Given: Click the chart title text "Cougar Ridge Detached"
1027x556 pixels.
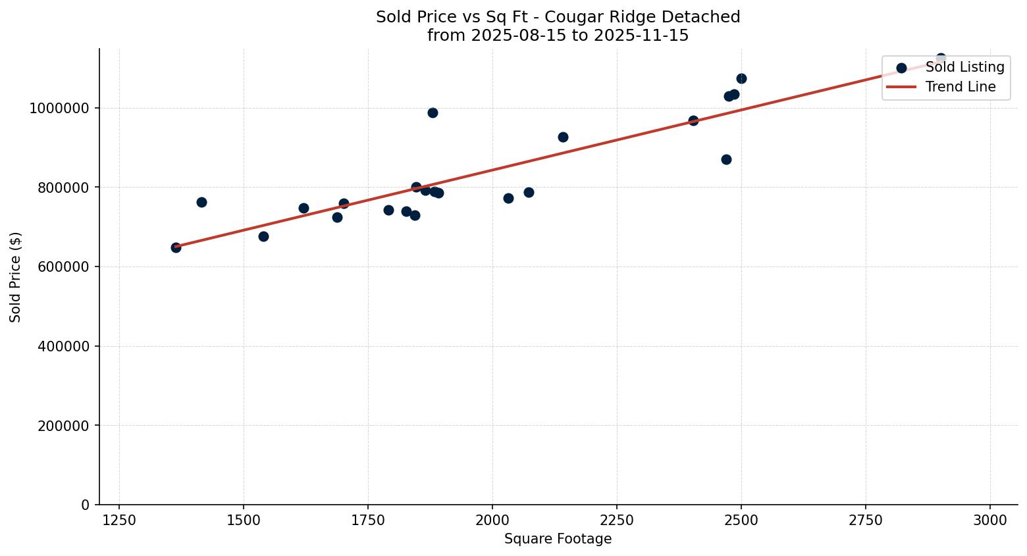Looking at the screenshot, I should click(x=659, y=17).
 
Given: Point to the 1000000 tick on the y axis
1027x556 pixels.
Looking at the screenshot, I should click(x=59, y=108).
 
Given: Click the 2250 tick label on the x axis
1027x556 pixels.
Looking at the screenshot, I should click(x=617, y=520).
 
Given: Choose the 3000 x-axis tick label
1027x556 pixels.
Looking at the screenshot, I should click(x=989, y=520).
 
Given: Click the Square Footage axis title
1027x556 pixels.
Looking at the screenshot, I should click(x=558, y=540).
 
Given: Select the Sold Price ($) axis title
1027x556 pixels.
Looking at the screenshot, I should click(x=15, y=277).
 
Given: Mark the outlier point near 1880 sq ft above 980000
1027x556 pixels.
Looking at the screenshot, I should click(x=433, y=113).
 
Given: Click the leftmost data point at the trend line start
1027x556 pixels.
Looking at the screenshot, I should click(x=176, y=247).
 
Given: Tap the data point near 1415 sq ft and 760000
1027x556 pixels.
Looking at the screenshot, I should click(x=201, y=202).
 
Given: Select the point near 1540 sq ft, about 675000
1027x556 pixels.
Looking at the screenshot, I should click(x=263, y=236).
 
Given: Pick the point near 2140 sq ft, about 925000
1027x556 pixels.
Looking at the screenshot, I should click(x=563, y=137).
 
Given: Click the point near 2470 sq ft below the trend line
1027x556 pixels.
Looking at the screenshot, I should click(x=726, y=159).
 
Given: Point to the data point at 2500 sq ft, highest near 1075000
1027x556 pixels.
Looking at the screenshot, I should click(x=741, y=78).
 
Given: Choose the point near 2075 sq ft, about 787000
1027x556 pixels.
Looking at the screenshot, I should click(x=529, y=192).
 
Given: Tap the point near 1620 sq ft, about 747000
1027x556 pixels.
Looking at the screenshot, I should click(x=303, y=208).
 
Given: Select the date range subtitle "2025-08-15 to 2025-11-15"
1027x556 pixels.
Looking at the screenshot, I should click(x=579, y=36).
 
